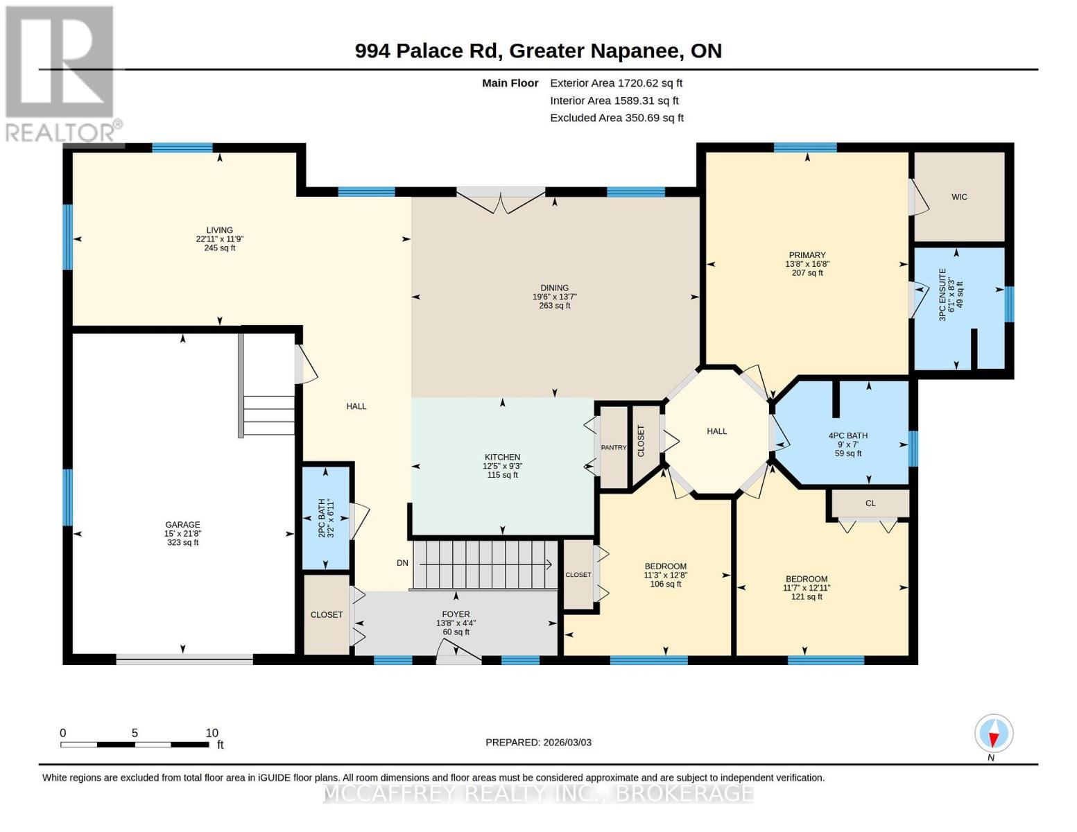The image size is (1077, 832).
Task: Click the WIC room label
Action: (x=958, y=197)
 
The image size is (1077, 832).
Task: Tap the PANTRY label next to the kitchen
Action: (x=613, y=447)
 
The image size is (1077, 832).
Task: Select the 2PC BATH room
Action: (x=326, y=518)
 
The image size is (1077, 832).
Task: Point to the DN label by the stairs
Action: (x=402, y=562)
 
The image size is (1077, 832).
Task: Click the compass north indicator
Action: (x=993, y=734)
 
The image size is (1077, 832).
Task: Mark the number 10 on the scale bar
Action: (x=212, y=733)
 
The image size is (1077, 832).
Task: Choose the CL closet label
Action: (x=870, y=503)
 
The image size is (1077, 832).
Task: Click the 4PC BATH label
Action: (x=847, y=435)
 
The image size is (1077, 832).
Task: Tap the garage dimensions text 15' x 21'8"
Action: (x=182, y=533)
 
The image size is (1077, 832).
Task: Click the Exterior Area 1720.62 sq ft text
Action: (x=616, y=83)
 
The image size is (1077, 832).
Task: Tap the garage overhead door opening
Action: (x=184, y=659)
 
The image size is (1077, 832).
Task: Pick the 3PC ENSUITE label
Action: (x=942, y=295)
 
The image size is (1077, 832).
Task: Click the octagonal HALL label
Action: (x=716, y=431)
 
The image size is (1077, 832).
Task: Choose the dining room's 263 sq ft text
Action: (x=554, y=306)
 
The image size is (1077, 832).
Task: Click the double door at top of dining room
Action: (x=501, y=200)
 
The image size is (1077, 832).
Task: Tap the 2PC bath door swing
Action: (x=359, y=521)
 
